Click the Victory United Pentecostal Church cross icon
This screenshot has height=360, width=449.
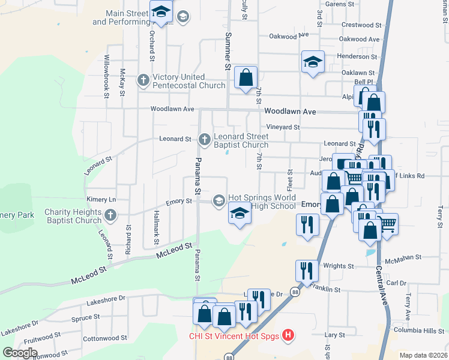point(143,80)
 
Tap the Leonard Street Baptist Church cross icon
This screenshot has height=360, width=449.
point(204,139)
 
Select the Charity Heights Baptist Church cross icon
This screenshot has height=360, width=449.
point(109,215)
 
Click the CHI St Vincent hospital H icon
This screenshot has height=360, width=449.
point(288,335)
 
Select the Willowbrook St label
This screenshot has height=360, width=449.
point(106,76)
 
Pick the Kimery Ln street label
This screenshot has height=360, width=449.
point(101,199)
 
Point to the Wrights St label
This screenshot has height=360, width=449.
point(339,266)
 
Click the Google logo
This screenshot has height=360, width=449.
point(20,353)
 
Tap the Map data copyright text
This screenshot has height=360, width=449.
point(424,355)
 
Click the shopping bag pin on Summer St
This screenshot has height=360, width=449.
point(246,78)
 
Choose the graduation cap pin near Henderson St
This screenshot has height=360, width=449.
point(312,62)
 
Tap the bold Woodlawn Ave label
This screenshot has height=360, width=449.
point(290,112)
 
